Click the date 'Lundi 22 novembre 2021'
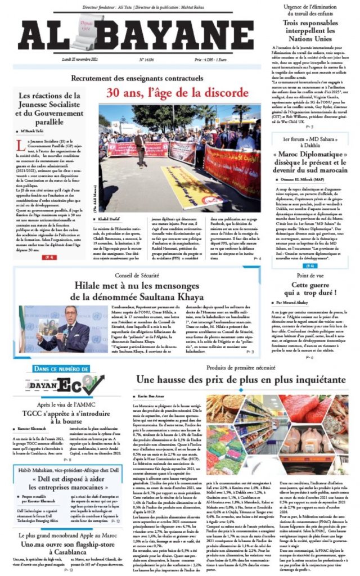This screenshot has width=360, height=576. click(79, 58)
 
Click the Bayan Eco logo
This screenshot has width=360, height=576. click(58, 385)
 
